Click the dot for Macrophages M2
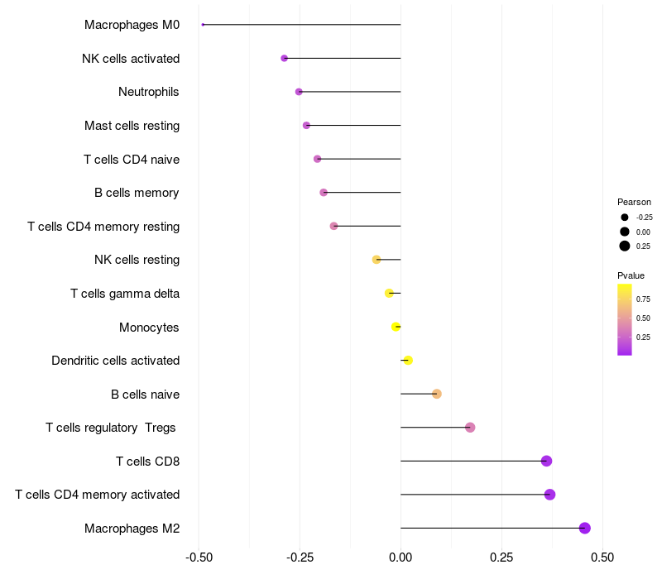[584, 528]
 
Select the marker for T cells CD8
[546, 461]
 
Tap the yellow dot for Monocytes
[396, 327]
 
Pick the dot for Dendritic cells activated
[408, 361]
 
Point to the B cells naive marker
[437, 394]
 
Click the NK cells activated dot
[285, 59]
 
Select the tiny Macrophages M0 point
[203, 25]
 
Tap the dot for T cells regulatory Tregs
[470, 428]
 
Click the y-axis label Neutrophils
[148, 92]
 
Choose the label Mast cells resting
[132, 126]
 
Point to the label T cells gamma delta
[125, 294]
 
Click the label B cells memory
[137, 193]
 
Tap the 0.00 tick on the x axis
[401, 557]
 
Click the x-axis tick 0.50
[602, 557]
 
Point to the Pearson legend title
[634, 202]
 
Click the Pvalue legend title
[631, 275]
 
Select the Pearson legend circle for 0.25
[625, 246]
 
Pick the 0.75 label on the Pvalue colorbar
[643, 299]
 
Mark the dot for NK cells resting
[377, 260]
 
